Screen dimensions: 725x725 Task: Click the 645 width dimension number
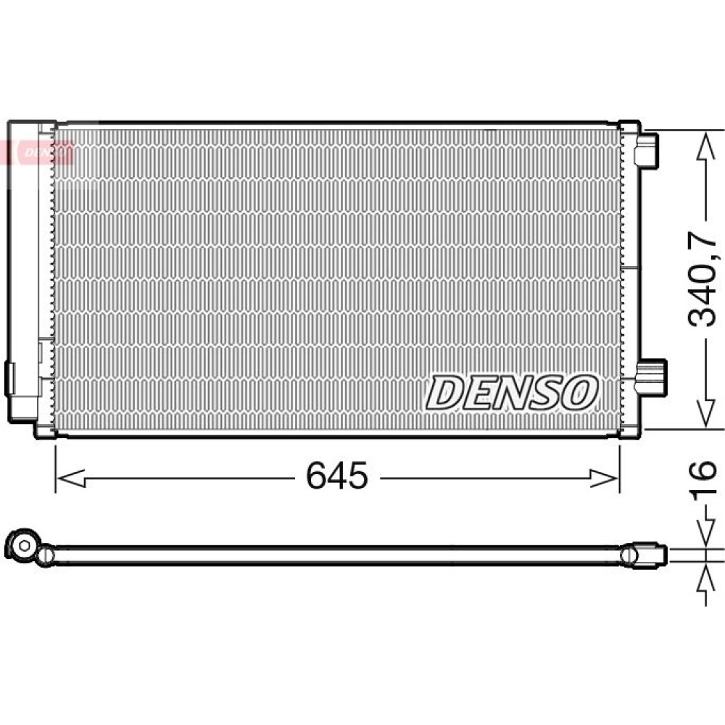(336, 476)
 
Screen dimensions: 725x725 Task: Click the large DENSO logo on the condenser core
(511, 393)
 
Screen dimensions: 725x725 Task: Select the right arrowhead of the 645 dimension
(605, 478)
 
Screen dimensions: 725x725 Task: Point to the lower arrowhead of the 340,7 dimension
(705, 412)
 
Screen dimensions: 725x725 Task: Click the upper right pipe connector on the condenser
(646, 149)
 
